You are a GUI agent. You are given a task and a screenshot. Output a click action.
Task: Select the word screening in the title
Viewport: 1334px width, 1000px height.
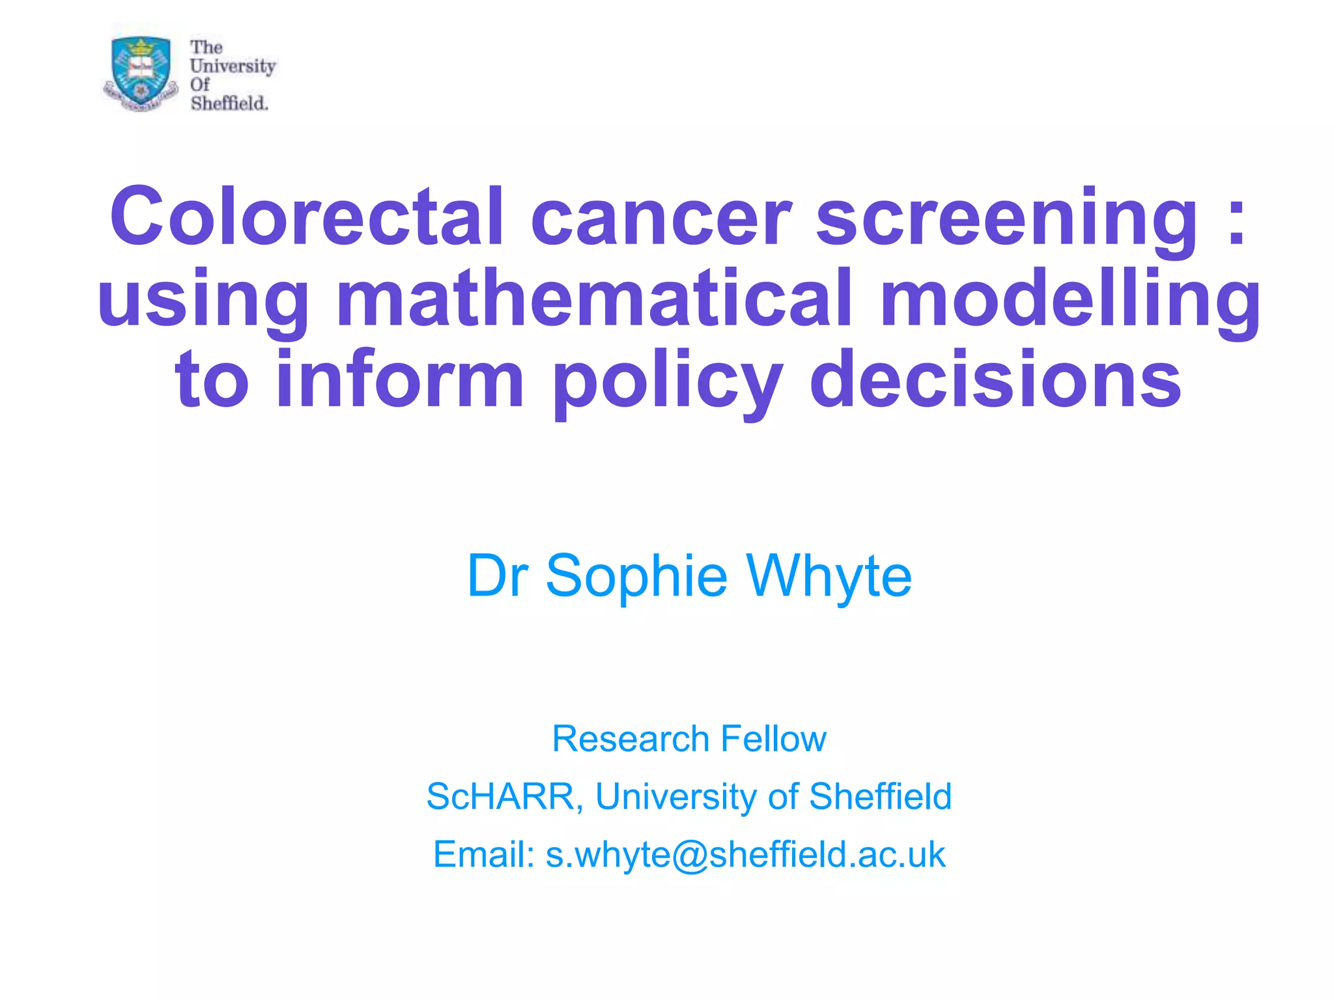(1006, 218)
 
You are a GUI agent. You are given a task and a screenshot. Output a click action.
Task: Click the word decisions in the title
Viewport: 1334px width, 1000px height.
(995, 380)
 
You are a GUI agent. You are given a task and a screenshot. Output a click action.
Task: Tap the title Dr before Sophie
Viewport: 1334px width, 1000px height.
(497, 576)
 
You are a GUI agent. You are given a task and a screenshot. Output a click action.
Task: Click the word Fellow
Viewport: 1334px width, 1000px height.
(773, 739)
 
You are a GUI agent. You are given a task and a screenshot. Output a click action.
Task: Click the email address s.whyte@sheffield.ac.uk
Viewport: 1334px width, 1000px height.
(745, 854)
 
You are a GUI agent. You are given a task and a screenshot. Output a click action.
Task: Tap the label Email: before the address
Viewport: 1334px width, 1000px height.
(484, 854)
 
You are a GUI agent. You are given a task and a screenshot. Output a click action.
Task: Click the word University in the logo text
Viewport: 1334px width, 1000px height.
(233, 66)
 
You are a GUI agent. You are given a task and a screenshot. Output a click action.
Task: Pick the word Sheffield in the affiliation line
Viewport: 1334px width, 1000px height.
(880, 796)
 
